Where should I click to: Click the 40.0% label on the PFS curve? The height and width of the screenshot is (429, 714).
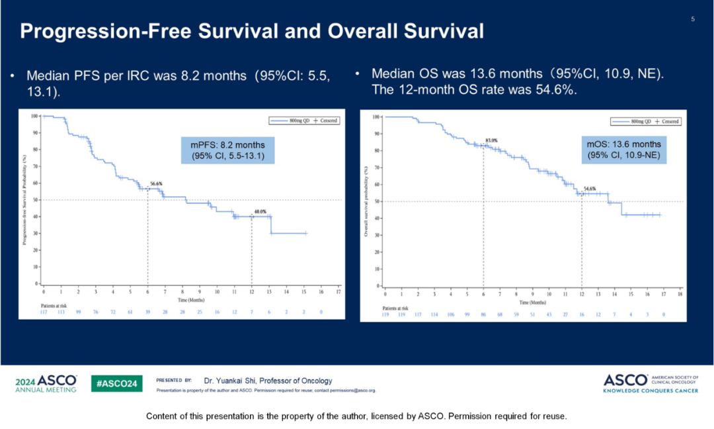261,212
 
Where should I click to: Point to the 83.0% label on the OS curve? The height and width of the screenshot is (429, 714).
491,141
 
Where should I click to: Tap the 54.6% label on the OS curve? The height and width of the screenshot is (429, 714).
590,189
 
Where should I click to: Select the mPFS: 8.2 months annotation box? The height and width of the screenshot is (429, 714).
228,150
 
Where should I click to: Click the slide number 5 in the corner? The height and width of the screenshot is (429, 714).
693,19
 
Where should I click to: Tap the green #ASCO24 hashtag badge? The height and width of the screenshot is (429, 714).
116,383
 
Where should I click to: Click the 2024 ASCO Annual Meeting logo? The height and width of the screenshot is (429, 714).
46,383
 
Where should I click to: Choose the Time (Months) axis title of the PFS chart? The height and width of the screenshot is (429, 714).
191,300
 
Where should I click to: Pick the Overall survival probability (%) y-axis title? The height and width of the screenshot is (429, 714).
367,201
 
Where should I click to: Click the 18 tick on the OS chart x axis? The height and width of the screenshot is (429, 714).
679,293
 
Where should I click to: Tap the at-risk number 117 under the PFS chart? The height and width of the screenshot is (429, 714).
44,311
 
